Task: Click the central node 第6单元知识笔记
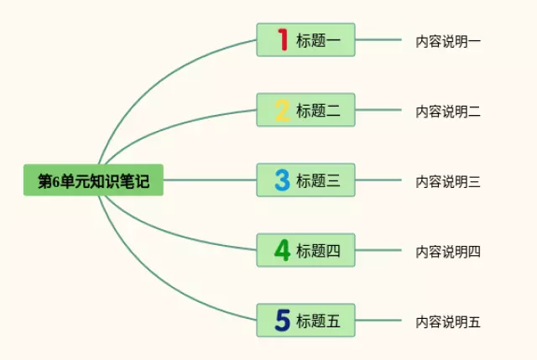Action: (93, 180)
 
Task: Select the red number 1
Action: (282, 39)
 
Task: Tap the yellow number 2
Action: (282, 110)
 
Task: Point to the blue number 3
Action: (282, 180)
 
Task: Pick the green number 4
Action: (282, 250)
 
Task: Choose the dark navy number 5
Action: (282, 321)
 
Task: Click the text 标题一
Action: (318, 40)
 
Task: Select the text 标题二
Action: (318, 111)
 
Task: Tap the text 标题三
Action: (318, 180)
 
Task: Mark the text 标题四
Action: (318, 251)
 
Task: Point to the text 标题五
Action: (318, 321)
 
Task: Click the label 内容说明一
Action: (448, 40)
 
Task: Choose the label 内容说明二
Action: (448, 111)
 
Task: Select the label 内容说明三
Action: (448, 180)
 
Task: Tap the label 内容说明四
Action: (448, 251)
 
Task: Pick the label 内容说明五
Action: (448, 321)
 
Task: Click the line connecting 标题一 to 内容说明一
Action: (378, 39)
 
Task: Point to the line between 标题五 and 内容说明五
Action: (378, 320)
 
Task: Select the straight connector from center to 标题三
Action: (210, 180)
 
